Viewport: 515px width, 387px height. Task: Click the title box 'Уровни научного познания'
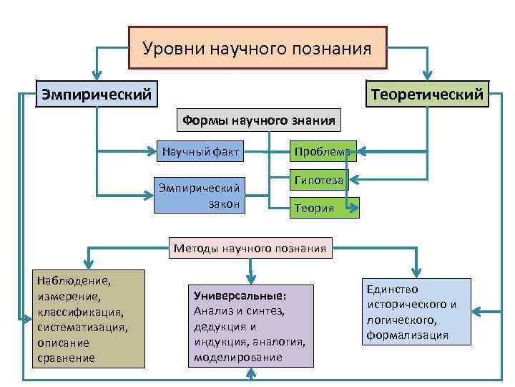pos(257,48)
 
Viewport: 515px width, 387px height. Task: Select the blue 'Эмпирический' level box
pos(97,94)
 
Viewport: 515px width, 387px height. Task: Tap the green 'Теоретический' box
pos(426,94)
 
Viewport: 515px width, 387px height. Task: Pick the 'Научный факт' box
pos(200,151)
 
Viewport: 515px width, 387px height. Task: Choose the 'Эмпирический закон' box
pos(200,195)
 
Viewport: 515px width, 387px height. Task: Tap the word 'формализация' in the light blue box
pos(408,335)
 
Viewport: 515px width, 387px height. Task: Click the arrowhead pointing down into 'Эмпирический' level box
pos(97,75)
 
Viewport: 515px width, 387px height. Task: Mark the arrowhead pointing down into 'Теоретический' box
pos(427,75)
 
